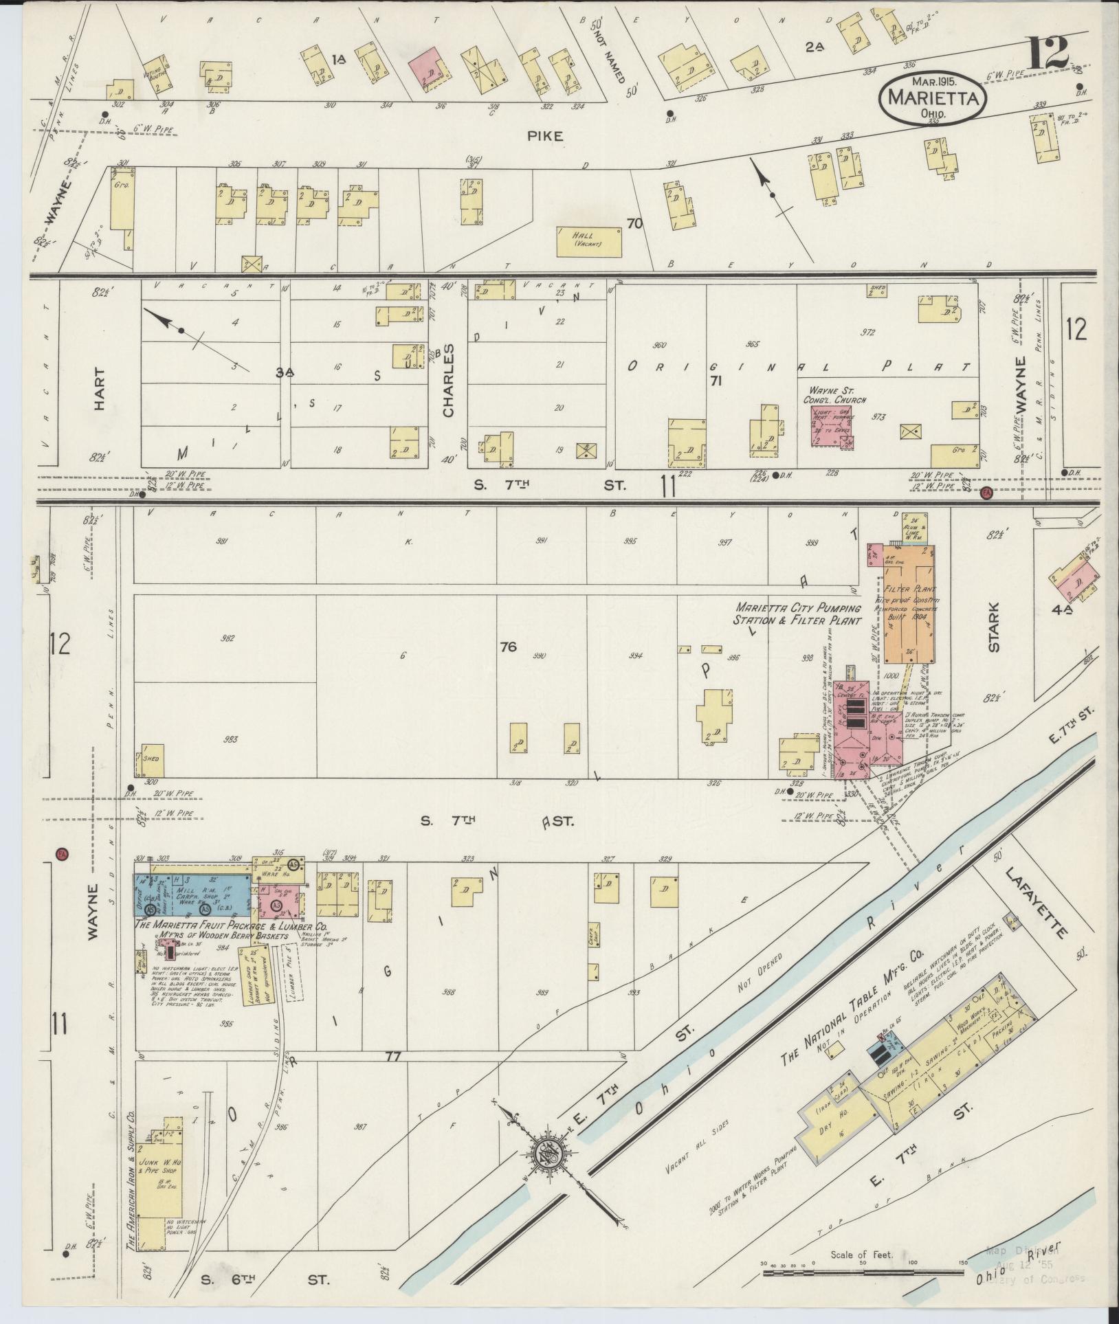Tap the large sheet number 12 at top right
coord(1049,53)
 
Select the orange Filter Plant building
coord(908,605)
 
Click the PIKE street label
coord(545,137)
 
